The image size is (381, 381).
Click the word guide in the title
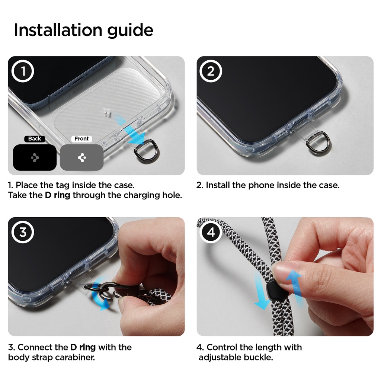pos(130,31)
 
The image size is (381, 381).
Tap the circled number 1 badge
pos(23,71)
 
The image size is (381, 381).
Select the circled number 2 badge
pos(211,71)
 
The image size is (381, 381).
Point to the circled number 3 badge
pos(23,232)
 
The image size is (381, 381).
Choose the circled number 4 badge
pos(211,232)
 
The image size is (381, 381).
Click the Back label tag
pos(35,139)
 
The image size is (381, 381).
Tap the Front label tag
pos(81,139)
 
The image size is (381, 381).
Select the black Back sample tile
pos(35,157)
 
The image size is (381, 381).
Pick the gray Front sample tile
pos(81,157)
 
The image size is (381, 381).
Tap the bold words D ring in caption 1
pos(57,195)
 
